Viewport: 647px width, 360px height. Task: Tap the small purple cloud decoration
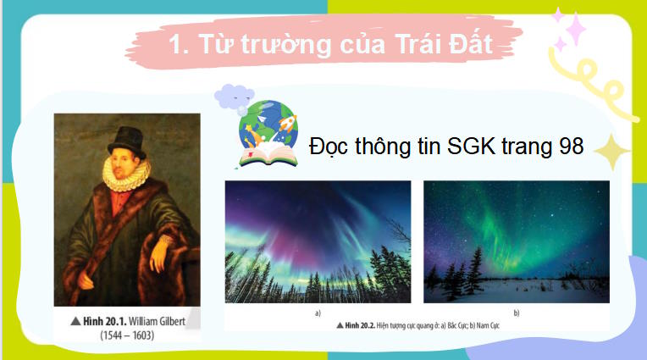[x=233, y=96]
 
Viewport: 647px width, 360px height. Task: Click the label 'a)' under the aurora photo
[x=317, y=313]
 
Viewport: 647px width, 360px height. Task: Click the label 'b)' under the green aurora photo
[x=516, y=313]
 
